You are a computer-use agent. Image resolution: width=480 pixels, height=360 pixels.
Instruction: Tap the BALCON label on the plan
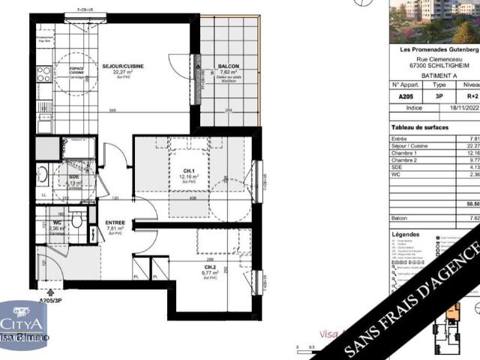(x=228, y=66)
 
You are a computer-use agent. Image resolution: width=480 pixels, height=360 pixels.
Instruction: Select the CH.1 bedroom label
(x=189, y=172)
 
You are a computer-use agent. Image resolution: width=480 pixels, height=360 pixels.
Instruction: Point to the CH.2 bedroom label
(x=210, y=267)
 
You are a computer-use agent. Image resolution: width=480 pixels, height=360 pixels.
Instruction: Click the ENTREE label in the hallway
(x=115, y=223)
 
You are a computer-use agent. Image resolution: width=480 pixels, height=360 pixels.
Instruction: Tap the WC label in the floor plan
(x=57, y=223)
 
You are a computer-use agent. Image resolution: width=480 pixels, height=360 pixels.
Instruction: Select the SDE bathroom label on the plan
(x=73, y=176)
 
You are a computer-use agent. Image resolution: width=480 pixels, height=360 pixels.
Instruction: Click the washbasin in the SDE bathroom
(x=42, y=175)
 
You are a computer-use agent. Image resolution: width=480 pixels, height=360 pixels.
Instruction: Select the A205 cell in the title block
(x=404, y=96)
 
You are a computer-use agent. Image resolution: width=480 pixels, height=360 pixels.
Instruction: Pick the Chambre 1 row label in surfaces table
(x=406, y=153)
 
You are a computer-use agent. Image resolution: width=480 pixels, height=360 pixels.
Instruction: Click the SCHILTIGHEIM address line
(x=434, y=65)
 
